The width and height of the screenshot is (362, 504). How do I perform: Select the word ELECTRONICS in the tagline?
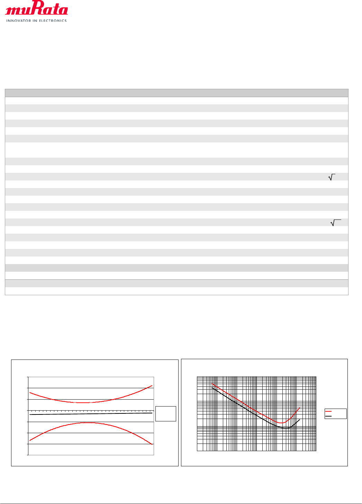[x=53, y=21]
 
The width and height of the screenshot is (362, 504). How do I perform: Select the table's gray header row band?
[x=177, y=93]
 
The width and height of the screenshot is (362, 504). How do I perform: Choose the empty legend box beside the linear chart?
[x=166, y=413]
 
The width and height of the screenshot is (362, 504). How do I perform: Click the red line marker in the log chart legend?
[x=328, y=411]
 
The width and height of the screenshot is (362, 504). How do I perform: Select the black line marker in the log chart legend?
[x=328, y=416]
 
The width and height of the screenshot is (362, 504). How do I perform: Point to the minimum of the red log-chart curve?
[x=282, y=423]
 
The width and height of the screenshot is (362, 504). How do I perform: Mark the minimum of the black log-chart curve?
[x=287, y=428]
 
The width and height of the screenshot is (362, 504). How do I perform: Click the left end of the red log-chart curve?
[x=212, y=383]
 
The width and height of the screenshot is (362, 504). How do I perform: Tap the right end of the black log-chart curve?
[x=299, y=420]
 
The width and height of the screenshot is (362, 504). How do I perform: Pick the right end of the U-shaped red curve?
[x=152, y=385]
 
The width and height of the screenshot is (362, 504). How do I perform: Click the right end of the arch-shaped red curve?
[x=152, y=444]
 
